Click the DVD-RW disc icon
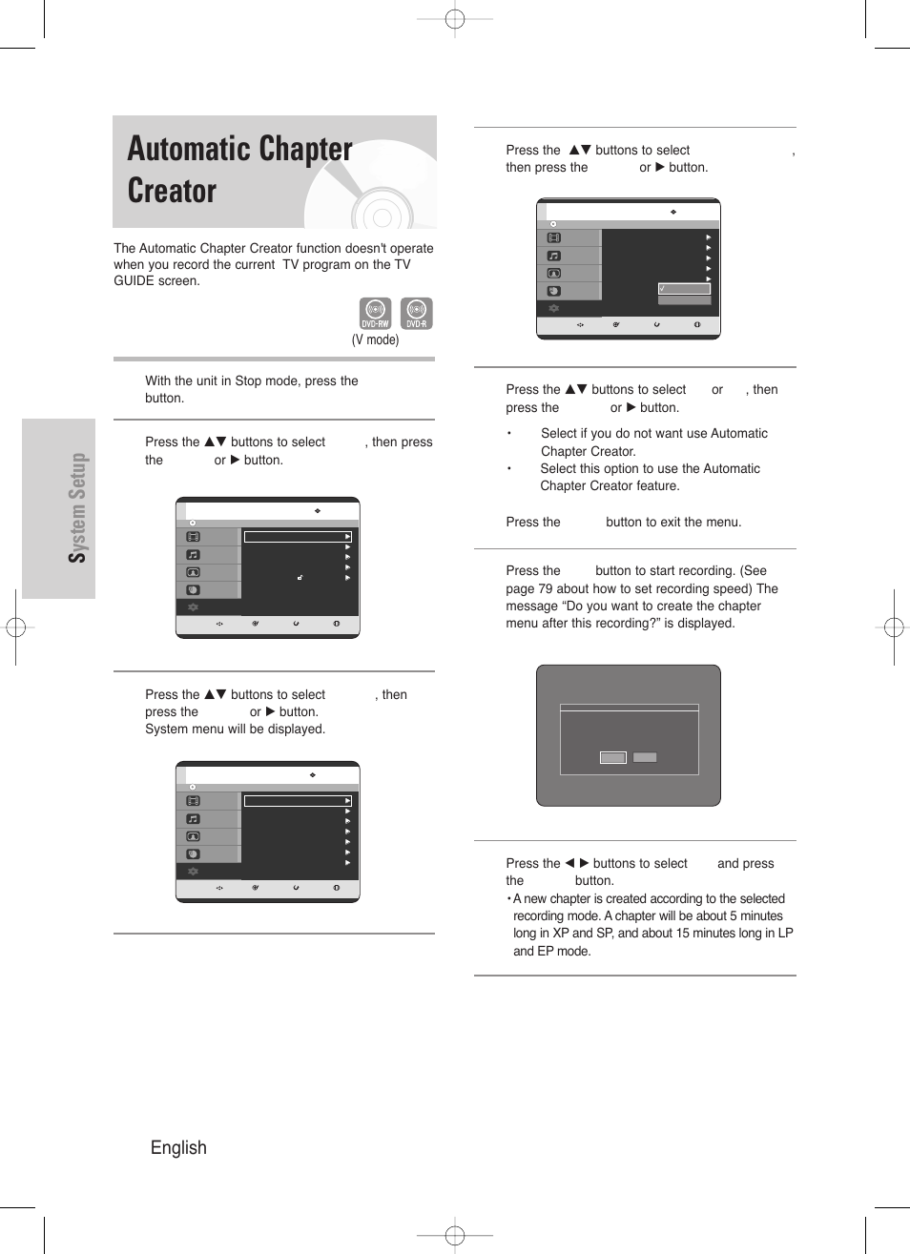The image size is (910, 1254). pyautogui.click(x=375, y=313)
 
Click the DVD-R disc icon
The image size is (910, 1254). pyautogui.click(x=416, y=313)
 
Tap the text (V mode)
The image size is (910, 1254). pyautogui.click(x=375, y=339)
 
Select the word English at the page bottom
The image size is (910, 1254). pyautogui.click(x=178, y=1147)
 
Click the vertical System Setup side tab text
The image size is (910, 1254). pyautogui.click(x=78, y=507)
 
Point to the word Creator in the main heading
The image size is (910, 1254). pyautogui.click(x=172, y=191)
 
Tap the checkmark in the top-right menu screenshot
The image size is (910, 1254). pyautogui.click(x=662, y=288)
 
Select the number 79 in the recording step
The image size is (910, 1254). pyautogui.click(x=546, y=588)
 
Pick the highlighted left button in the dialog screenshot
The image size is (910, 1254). pyautogui.click(x=612, y=757)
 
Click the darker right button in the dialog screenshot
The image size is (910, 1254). pyautogui.click(x=646, y=757)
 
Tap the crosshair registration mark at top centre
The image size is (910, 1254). pyautogui.click(x=455, y=18)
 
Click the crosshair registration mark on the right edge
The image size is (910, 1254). pyautogui.click(x=893, y=627)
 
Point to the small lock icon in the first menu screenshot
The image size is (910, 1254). pyautogui.click(x=300, y=577)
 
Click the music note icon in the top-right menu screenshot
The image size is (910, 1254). pyautogui.click(x=553, y=256)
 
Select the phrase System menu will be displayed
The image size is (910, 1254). pyautogui.click(x=235, y=729)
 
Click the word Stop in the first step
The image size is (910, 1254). pyautogui.click(x=248, y=380)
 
